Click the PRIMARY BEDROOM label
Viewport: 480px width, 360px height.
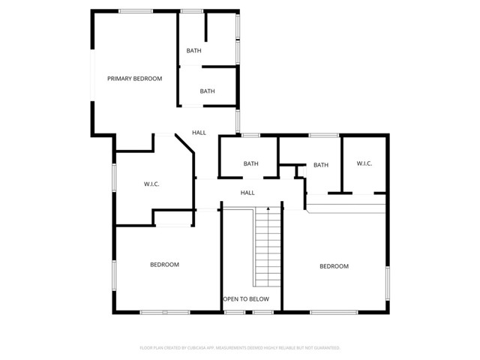tap(134, 78)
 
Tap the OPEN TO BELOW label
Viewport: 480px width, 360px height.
tap(246, 298)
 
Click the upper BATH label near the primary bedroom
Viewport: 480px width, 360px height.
tap(194, 51)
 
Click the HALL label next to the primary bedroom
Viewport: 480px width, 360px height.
tap(199, 133)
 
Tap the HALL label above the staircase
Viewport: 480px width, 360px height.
tap(247, 193)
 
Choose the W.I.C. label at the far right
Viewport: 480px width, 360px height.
tap(364, 164)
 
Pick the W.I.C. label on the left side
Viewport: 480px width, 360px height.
tap(151, 184)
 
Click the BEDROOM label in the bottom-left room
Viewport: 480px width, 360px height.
tap(164, 264)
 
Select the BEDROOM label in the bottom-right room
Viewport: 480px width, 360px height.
tap(334, 266)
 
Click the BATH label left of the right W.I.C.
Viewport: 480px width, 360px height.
tap(321, 165)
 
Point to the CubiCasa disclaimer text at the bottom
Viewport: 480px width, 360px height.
tap(240, 348)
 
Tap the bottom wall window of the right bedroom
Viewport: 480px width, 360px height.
tap(334, 311)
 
